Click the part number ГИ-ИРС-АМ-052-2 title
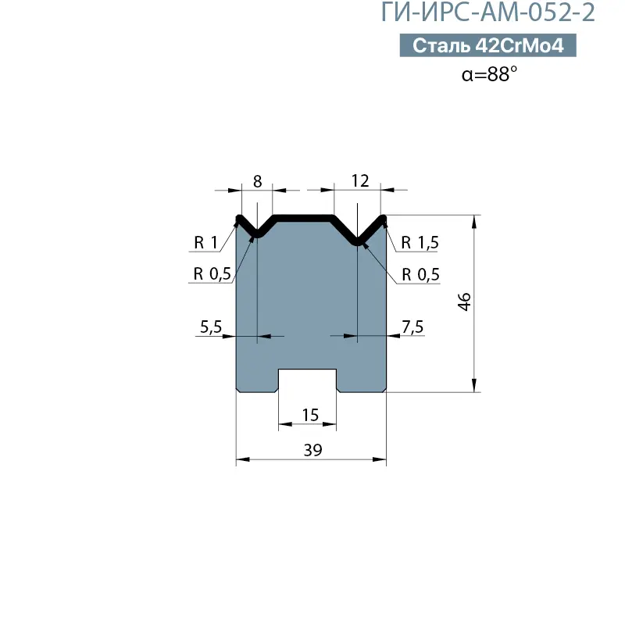click(487, 12)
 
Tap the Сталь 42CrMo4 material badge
click(487, 45)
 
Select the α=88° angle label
click(489, 74)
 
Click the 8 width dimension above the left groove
click(258, 181)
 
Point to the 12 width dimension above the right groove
click(360, 181)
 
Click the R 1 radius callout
click(205, 242)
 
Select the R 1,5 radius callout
click(420, 242)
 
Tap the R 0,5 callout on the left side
click(212, 274)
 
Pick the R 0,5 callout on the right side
click(420, 274)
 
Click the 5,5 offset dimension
click(211, 327)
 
